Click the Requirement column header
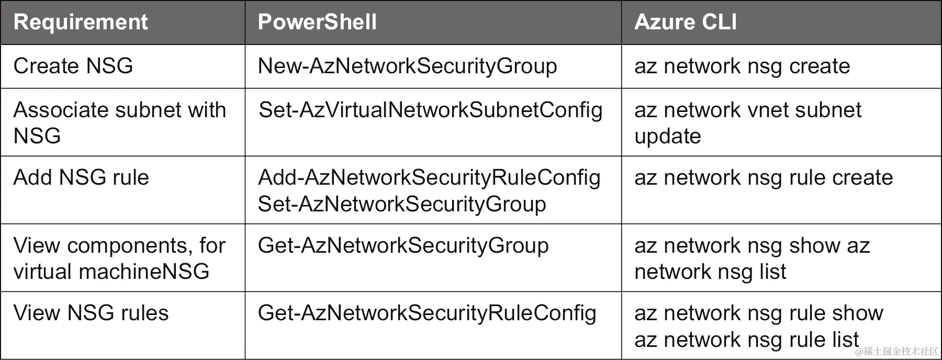point(81,22)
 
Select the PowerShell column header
point(317,22)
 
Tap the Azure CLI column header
point(686,22)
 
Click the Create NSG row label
point(73,66)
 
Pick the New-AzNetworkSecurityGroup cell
point(407,66)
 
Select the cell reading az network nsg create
point(742,66)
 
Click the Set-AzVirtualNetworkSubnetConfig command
point(430,110)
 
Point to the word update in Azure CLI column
point(667,136)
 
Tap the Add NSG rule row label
point(81,177)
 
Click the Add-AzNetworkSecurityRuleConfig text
point(429,177)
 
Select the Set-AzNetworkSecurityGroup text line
point(402,204)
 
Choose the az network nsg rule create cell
point(764,177)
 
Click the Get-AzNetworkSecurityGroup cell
point(403,245)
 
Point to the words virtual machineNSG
point(111,272)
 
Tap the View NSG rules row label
point(91,313)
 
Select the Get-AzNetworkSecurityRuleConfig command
point(427,313)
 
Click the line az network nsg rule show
point(759,313)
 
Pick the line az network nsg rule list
point(746,340)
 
